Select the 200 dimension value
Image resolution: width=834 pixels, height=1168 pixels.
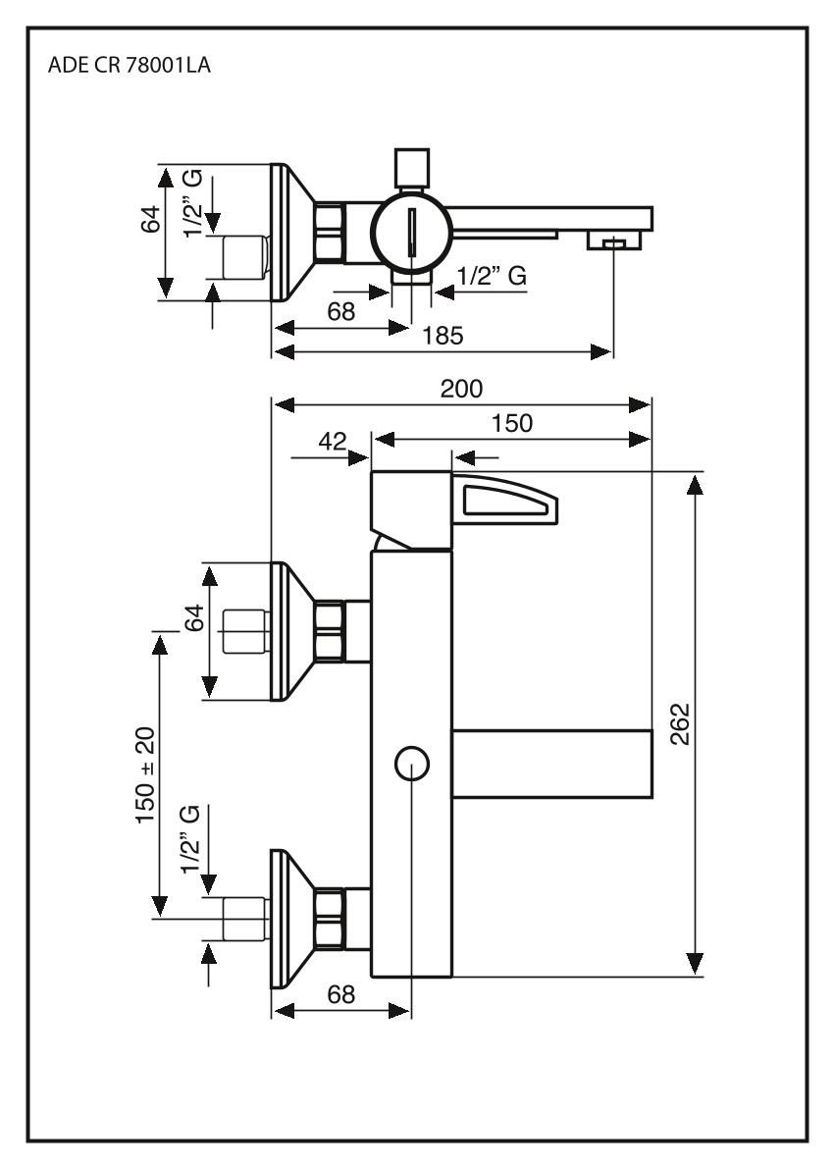(461, 389)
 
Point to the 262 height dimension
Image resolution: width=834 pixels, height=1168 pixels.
(677, 723)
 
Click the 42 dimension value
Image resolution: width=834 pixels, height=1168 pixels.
(332, 442)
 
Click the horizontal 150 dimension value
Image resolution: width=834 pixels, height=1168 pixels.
(512, 423)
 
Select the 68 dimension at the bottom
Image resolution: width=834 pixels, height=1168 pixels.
(340, 993)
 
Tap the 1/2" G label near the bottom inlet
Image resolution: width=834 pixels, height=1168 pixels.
(193, 839)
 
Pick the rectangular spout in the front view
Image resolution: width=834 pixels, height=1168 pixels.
(551, 762)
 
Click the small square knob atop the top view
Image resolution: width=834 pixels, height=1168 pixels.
(411, 167)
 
